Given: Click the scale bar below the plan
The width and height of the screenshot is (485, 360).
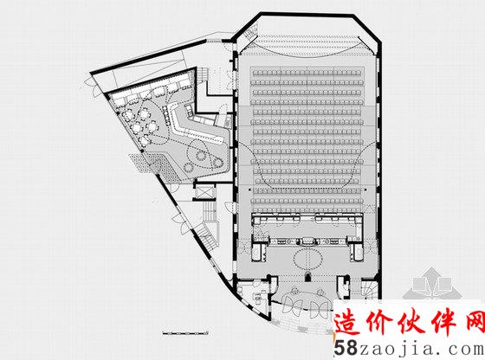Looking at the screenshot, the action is pos(186,333).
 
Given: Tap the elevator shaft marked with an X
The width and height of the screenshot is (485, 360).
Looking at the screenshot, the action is pos(204,192).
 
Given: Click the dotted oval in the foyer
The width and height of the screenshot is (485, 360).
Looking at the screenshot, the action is pos(308,259).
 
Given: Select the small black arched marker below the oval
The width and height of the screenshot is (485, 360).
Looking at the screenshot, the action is pos(307,277).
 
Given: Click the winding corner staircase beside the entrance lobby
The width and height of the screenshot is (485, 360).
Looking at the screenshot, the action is pos(370,290).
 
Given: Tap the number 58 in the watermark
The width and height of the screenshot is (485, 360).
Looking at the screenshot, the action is pos(346,348).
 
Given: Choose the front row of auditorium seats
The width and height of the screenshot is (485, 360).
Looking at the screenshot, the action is pos(307,73).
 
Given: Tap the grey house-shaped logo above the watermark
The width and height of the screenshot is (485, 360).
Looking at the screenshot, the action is pos(433,285).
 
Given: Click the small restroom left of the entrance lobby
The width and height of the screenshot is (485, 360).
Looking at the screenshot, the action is pos(253,292).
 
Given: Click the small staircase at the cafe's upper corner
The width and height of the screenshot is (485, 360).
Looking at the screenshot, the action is pos(203,74).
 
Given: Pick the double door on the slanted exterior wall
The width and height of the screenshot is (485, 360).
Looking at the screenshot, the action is pos(180,223).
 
